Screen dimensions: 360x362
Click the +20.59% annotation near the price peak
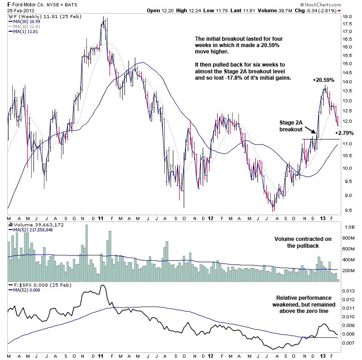pyautogui.click(x=323, y=80)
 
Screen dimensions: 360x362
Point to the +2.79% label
pyautogui.click(x=344, y=133)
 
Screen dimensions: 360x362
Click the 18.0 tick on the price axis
pyautogui.click(x=347, y=16)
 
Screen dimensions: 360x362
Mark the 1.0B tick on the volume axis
pyautogui.click(x=348, y=226)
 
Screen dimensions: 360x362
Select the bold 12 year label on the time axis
pyautogui.click(x=210, y=218)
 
